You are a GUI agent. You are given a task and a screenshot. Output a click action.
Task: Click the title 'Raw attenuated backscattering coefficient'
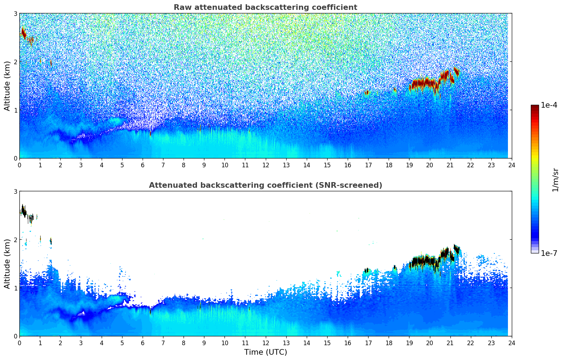coord(265,7)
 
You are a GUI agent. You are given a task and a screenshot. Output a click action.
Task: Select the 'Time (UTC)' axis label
coord(265,352)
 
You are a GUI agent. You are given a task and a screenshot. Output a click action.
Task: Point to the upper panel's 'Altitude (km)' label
coord(7,86)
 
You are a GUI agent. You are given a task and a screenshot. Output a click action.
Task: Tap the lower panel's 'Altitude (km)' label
coord(7,264)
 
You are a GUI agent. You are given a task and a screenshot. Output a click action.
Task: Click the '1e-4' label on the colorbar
coord(549,105)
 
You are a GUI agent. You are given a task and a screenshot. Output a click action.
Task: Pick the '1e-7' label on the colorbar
coord(549,253)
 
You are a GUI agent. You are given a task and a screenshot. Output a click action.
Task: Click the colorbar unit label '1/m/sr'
coord(555,180)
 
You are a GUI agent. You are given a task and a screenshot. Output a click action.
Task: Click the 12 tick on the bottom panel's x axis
coord(265,343)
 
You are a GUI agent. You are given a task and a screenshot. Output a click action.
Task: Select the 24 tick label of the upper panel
coord(512,165)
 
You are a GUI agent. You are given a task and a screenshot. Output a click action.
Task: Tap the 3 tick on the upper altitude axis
coord(15,13)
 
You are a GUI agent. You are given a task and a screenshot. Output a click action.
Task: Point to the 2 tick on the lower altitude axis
coord(15,240)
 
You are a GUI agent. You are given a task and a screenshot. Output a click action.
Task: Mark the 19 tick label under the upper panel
coord(409,165)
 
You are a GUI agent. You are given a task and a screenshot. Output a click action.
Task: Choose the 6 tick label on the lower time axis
coord(143,343)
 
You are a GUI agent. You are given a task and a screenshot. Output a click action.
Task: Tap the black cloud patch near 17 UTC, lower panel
coord(366,270)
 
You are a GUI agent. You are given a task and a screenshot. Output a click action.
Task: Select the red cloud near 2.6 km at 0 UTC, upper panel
coord(24,34)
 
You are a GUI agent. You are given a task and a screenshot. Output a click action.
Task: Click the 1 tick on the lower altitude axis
coord(15,288)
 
